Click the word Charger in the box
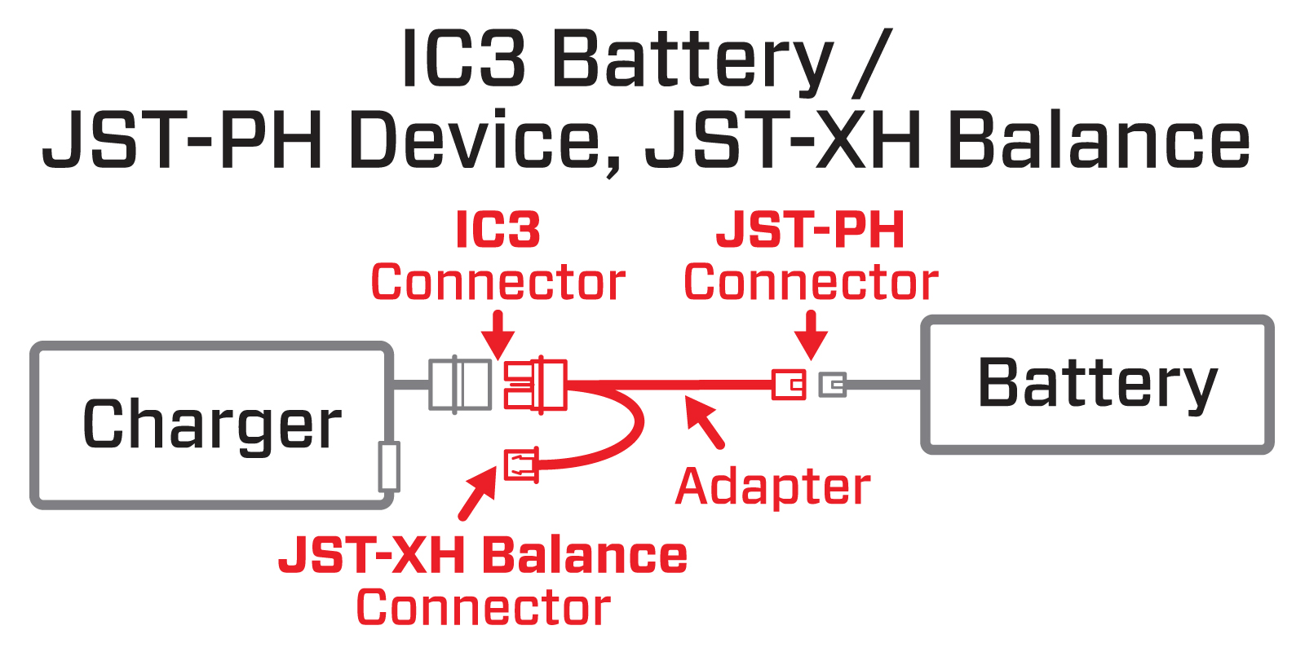[212, 425]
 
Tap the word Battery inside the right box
[1097, 383]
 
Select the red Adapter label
[772, 487]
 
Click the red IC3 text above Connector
[498, 231]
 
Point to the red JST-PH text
[810, 231]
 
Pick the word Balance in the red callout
[585, 556]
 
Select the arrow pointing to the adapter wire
[703, 421]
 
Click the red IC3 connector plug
[535, 384]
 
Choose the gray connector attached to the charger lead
[460, 384]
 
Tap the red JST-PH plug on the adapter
[789, 384]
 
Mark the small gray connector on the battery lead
[833, 384]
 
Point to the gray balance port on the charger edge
[390, 466]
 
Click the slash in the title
[873, 61]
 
